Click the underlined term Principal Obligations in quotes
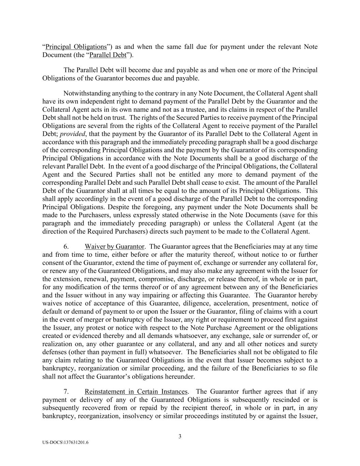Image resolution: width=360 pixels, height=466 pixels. (x=76, y=47)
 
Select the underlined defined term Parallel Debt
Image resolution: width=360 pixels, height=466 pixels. (x=108, y=55)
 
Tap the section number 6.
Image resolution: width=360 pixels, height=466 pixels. (x=67, y=246)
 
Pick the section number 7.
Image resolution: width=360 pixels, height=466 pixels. (x=67, y=392)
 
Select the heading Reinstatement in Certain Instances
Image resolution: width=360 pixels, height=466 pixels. (x=136, y=392)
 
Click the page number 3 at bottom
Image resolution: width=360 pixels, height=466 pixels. (x=180, y=436)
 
